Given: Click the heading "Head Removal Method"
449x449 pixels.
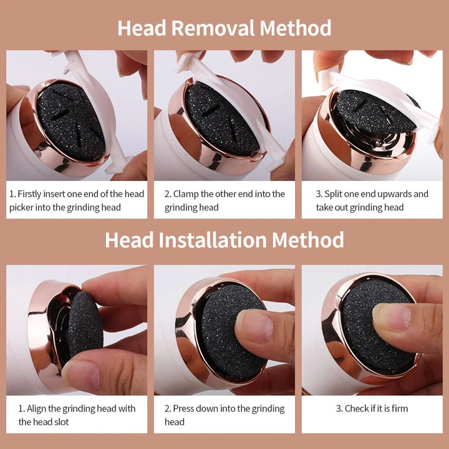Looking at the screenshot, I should tap(224, 28).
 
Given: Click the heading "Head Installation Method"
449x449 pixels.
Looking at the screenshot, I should tap(224, 240).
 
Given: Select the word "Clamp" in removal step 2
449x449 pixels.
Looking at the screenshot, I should tap(186, 194).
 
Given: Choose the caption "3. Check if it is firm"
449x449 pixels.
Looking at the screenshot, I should tap(372, 408).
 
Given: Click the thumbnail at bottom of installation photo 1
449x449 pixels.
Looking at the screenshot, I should tap(81, 374).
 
